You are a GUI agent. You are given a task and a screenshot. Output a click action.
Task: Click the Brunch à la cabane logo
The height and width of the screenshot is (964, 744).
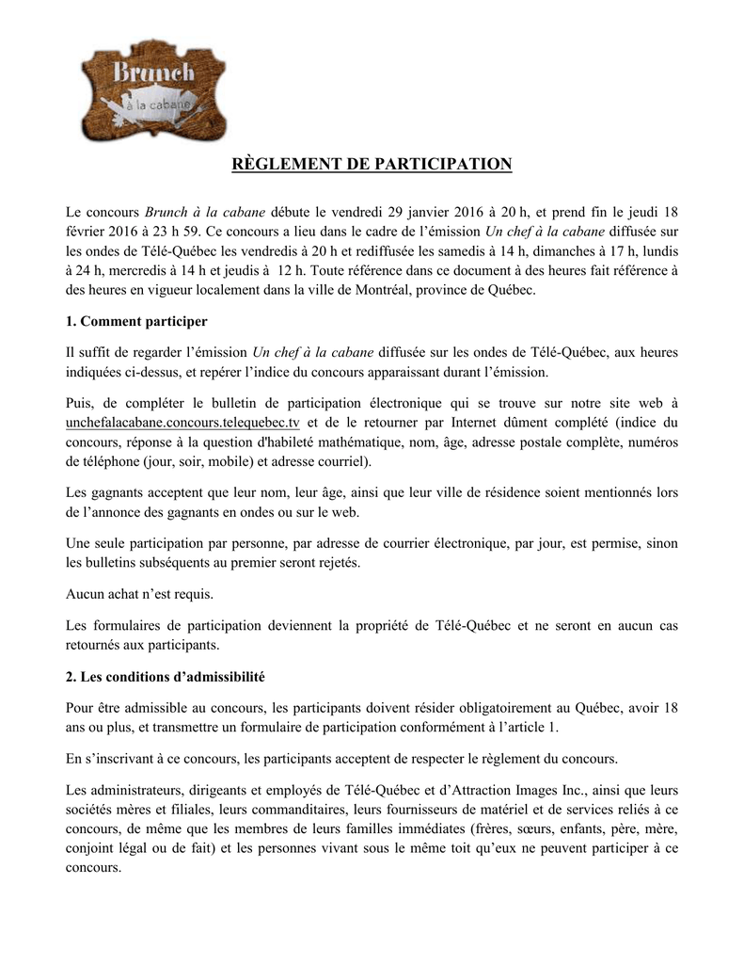pyautogui.click(x=153, y=88)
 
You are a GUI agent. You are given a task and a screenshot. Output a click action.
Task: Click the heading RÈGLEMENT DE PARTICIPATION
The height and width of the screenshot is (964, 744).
pyautogui.click(x=372, y=165)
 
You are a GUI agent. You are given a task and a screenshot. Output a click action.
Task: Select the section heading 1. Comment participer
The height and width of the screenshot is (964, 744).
pyautogui.click(x=137, y=321)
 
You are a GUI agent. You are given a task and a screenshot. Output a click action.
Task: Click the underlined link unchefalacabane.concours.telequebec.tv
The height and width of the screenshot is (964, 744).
pyautogui.click(x=182, y=423)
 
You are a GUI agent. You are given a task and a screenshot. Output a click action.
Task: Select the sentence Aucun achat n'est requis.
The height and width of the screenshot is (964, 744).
pyautogui.click(x=140, y=594)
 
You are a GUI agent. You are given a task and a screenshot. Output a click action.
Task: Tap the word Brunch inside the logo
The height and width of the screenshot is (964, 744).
pyautogui.click(x=154, y=72)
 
